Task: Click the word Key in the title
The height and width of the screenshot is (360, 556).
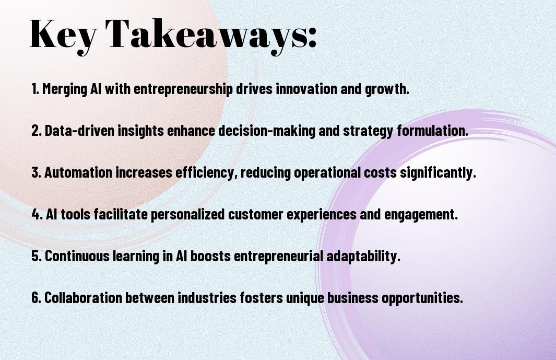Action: [63, 36]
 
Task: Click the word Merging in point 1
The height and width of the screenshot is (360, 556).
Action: [65, 89]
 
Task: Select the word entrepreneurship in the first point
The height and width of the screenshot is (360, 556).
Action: [183, 89]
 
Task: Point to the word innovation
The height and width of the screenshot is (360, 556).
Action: [306, 88]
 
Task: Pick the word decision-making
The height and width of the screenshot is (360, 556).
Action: [266, 131]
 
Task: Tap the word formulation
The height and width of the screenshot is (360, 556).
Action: [433, 130]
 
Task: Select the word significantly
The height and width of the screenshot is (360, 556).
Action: [438, 173]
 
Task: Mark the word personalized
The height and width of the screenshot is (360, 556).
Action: [187, 215]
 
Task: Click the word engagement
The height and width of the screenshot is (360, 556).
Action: [421, 215]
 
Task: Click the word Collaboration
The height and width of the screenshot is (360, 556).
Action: [84, 297]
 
